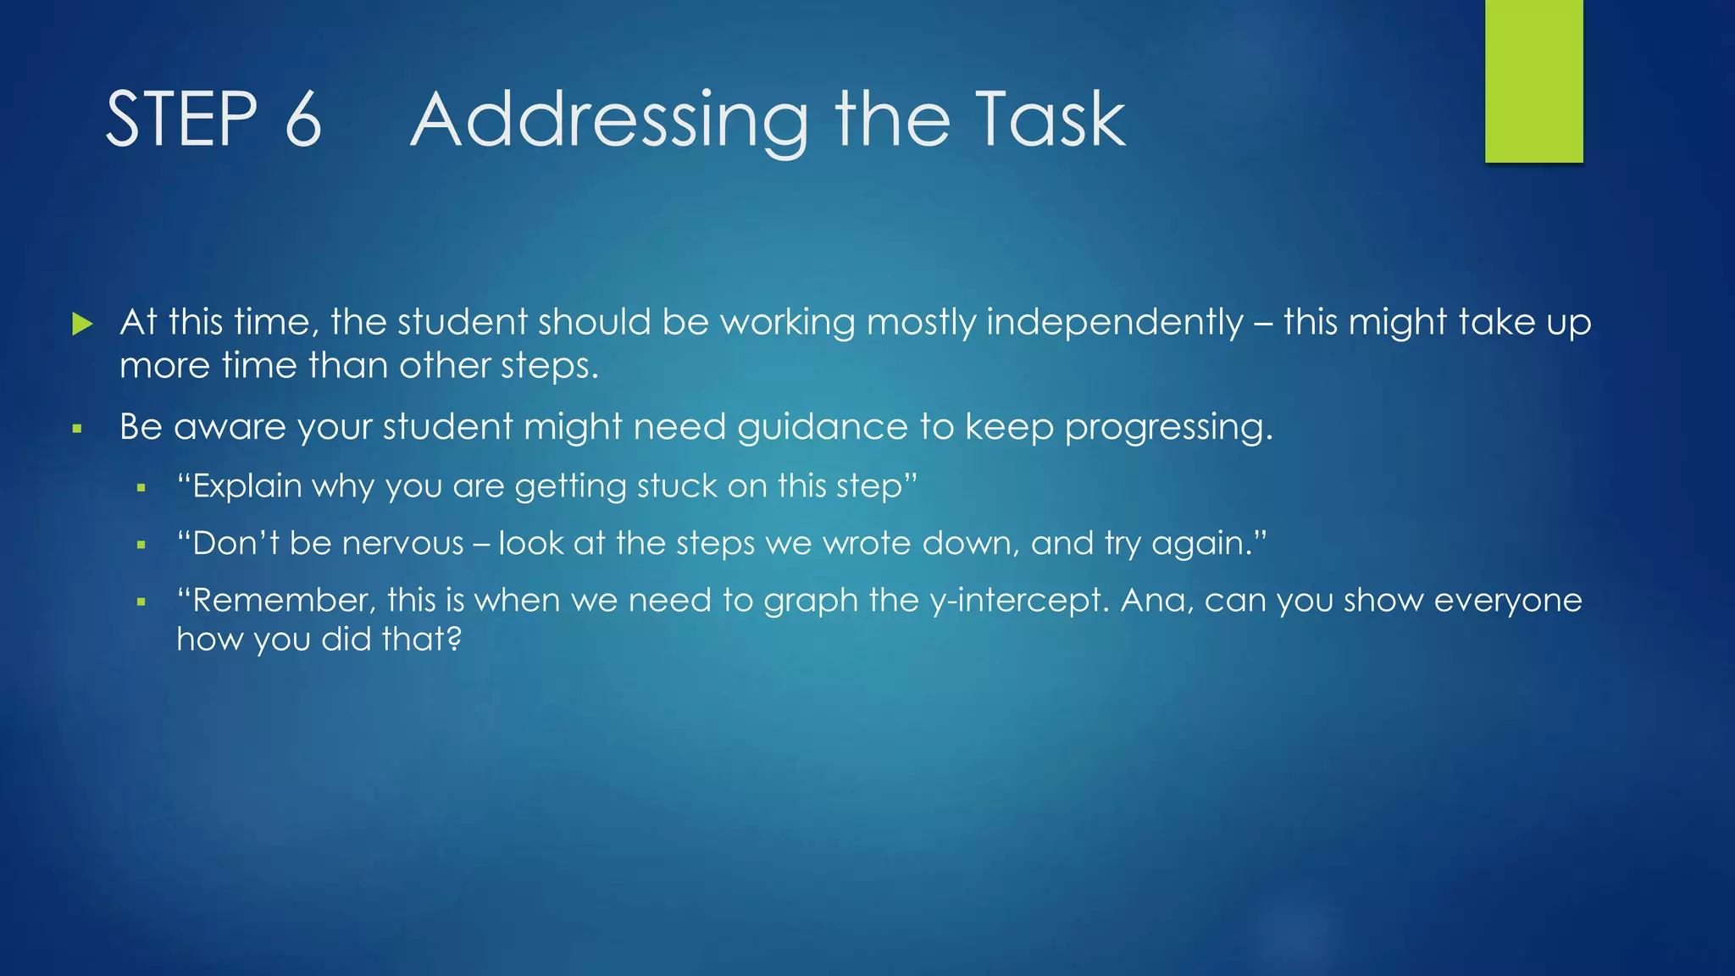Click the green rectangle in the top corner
tap(1533, 81)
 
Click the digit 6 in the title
tap(303, 119)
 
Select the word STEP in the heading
tap(181, 119)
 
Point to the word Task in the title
tap(1050, 119)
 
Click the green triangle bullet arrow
tap(82, 323)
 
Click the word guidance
tap(822, 428)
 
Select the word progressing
tap(1169, 429)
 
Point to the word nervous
tap(403, 544)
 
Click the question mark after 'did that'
tap(453, 638)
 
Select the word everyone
tap(1508, 602)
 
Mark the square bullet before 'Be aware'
tap(77, 429)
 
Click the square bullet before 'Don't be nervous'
tap(141, 545)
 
